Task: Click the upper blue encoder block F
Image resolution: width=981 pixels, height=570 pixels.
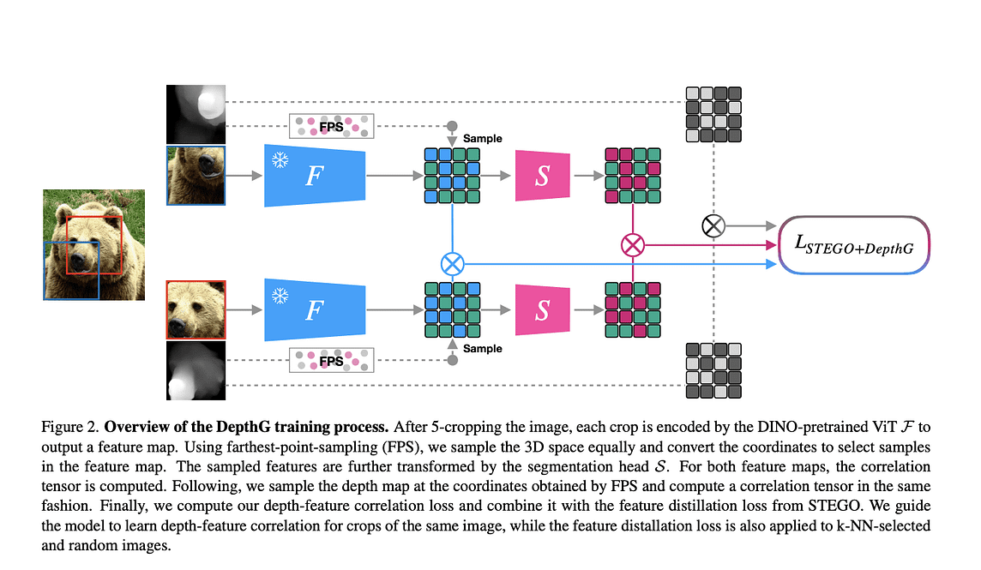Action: click(315, 176)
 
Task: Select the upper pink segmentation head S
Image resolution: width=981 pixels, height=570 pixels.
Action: click(542, 176)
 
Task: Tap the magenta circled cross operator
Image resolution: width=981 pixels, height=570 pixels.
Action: click(632, 245)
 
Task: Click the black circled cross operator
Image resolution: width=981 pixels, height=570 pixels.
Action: click(713, 226)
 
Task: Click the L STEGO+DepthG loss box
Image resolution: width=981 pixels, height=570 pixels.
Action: click(854, 245)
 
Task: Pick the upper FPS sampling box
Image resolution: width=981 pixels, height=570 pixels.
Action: click(331, 126)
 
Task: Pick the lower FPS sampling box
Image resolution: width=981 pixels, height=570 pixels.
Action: click(331, 360)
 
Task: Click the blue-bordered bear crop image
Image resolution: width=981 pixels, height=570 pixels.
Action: click(196, 175)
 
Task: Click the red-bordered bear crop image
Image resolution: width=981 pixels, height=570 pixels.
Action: click(196, 309)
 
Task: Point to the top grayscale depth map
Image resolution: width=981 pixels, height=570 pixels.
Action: click(196, 114)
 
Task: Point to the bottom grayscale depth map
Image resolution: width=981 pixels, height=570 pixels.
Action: click(196, 370)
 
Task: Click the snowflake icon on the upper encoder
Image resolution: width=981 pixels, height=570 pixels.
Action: click(280, 160)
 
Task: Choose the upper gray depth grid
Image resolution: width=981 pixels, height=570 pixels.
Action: click(713, 114)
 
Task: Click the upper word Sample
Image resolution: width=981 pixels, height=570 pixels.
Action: click(482, 138)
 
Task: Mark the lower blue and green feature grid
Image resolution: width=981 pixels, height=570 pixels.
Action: click(451, 309)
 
